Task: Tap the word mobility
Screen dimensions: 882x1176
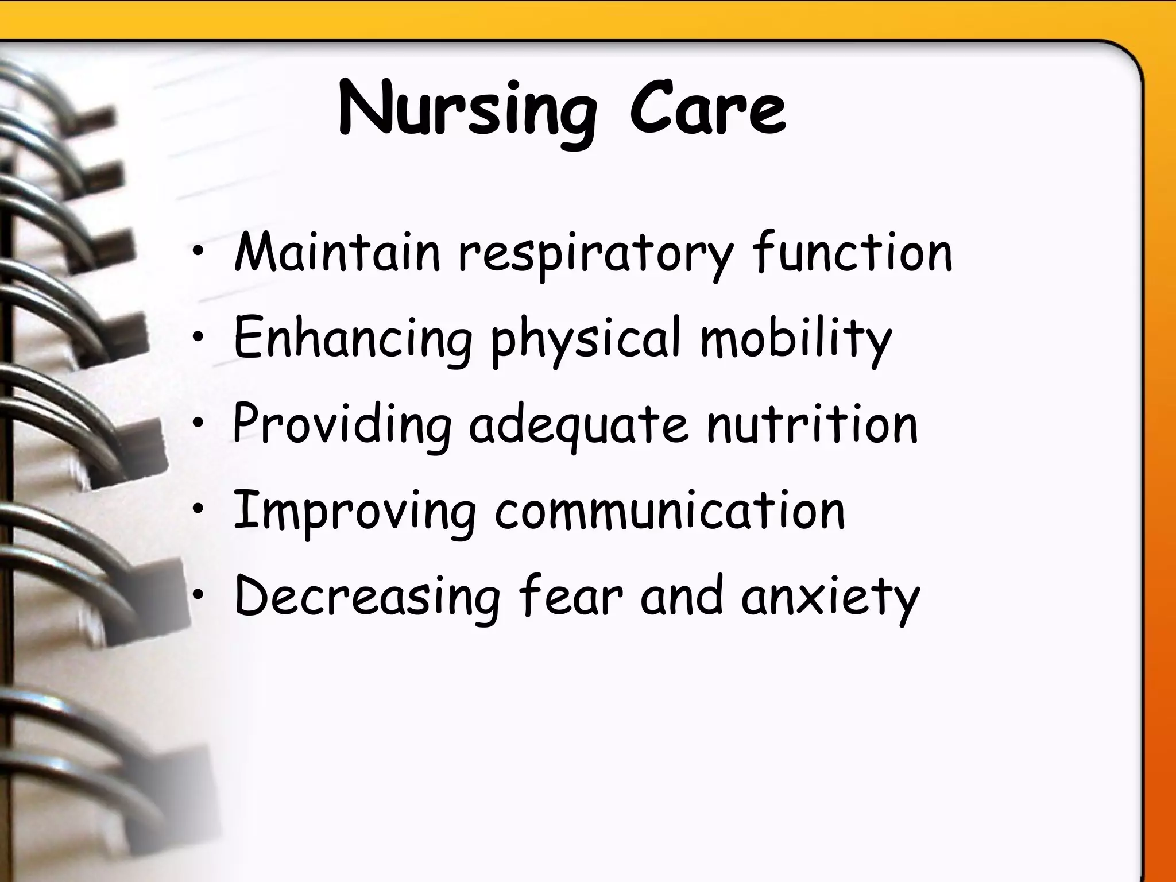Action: (x=796, y=339)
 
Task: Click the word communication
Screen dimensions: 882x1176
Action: (x=670, y=511)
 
